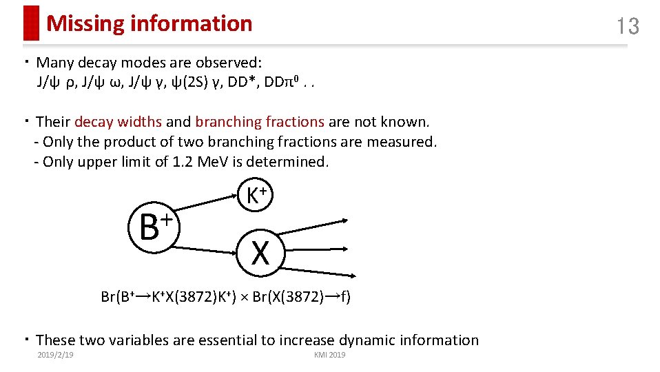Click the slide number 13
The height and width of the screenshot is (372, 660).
(x=628, y=26)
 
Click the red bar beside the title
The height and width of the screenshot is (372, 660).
(x=31, y=23)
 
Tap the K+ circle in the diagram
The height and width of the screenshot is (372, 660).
(x=260, y=196)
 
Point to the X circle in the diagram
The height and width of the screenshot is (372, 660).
(x=260, y=253)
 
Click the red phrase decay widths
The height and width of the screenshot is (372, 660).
(x=118, y=122)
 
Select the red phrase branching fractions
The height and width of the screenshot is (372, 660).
(x=260, y=122)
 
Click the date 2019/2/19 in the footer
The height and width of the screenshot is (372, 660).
(x=56, y=355)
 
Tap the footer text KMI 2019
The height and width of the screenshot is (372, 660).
(x=329, y=355)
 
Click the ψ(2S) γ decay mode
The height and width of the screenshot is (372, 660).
(x=194, y=83)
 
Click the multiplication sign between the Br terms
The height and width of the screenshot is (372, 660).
(x=245, y=298)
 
